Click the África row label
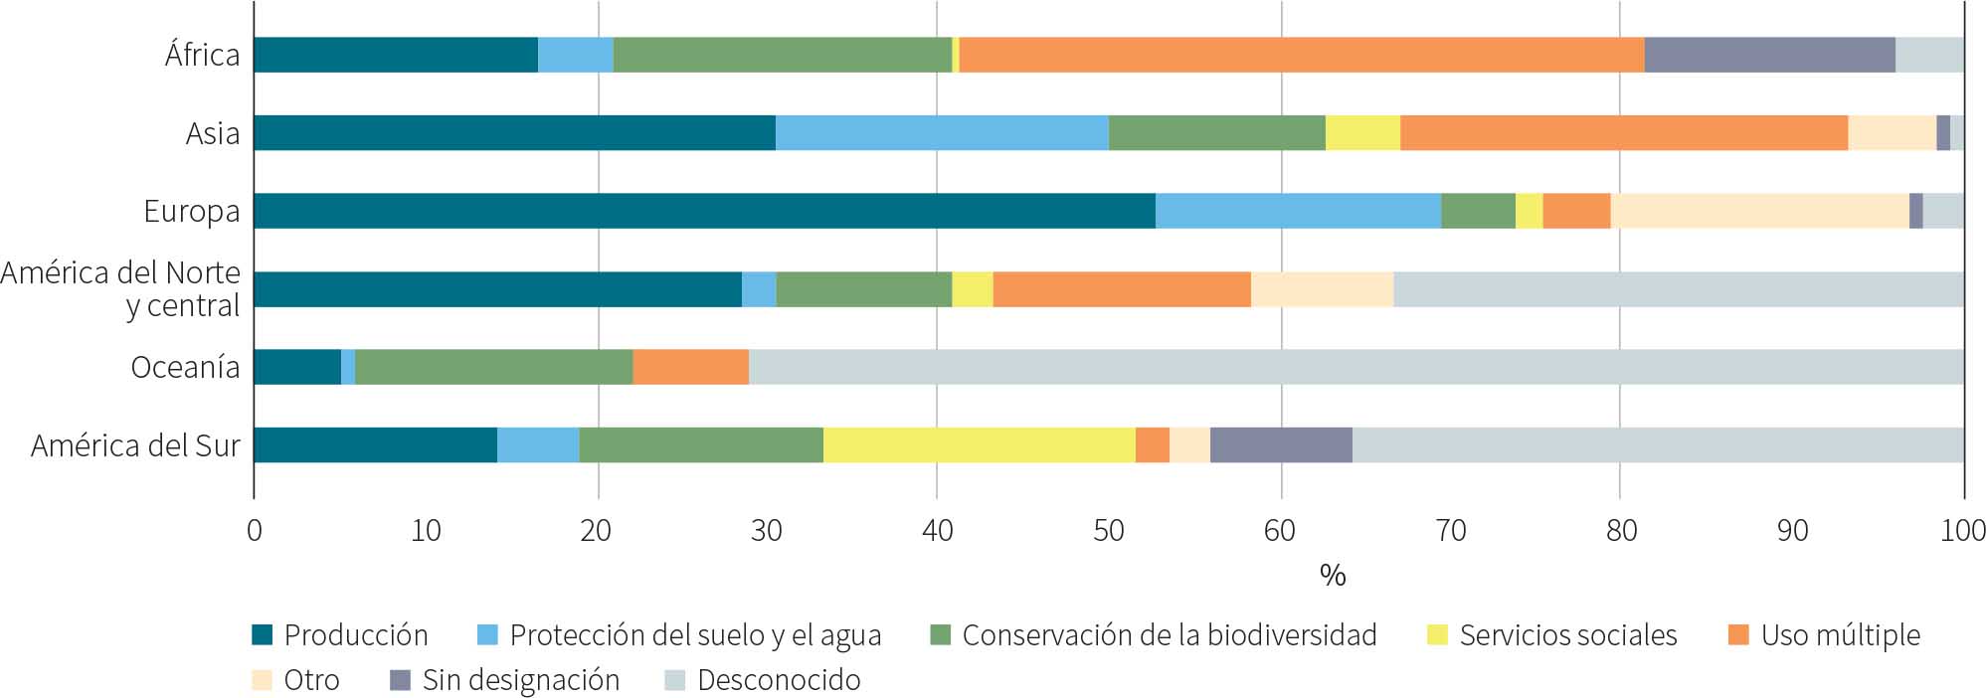tap(202, 55)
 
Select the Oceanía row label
tap(185, 368)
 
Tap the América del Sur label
tap(135, 445)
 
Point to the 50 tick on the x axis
tap(1109, 531)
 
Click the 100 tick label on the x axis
tap(1963, 531)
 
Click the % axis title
tap(1332, 575)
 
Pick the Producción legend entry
tap(340, 635)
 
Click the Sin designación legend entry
tap(505, 680)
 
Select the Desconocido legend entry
tap(763, 680)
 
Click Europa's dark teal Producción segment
tap(704, 211)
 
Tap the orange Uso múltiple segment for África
tap(1301, 55)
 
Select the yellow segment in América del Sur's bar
tap(979, 444)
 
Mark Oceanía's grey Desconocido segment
tap(1355, 367)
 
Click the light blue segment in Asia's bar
tap(942, 132)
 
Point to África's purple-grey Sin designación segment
tap(1769, 55)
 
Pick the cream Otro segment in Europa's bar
tap(1759, 211)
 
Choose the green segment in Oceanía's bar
tap(493, 367)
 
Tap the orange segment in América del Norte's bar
tap(1122, 288)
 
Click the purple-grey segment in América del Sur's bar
tap(1281, 444)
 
